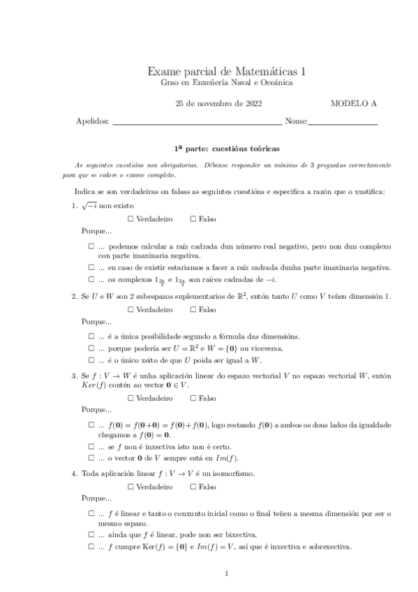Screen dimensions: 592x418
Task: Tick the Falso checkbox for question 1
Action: (193, 219)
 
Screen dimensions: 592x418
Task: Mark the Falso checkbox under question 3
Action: (193, 399)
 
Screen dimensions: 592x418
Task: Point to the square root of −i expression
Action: (89, 206)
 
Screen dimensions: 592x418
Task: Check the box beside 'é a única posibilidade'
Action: (91, 336)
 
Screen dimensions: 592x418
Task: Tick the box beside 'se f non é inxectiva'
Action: (91, 447)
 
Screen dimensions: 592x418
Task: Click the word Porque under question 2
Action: (96, 322)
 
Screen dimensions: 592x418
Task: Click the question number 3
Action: (75, 375)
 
